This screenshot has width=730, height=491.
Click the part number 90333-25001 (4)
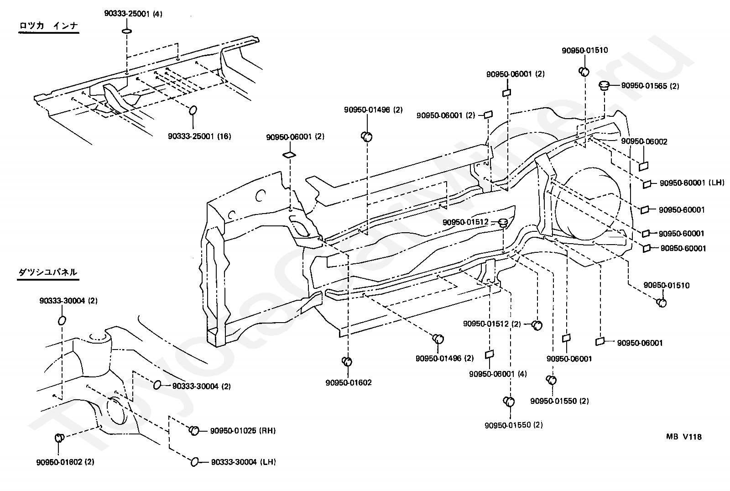click(133, 14)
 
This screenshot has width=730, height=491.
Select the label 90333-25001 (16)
click(199, 136)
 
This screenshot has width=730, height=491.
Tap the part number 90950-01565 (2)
click(650, 86)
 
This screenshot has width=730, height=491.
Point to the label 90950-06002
click(644, 141)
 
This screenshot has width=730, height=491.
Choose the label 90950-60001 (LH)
click(692, 183)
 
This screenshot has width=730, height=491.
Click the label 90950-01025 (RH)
click(243, 431)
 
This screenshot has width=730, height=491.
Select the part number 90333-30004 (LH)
click(244, 462)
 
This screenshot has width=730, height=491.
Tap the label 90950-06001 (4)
click(498, 374)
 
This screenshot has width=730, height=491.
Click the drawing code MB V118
click(684, 437)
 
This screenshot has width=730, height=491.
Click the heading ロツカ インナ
click(48, 26)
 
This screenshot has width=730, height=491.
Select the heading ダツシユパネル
click(47, 272)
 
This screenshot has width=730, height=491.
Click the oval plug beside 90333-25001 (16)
click(193, 110)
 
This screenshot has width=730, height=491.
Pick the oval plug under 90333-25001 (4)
click(127, 31)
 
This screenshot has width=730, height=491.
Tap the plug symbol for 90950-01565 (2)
click(604, 86)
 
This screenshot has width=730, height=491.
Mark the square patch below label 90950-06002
click(643, 166)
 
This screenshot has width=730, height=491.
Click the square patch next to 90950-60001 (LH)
click(647, 184)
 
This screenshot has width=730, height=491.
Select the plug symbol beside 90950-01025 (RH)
click(194, 430)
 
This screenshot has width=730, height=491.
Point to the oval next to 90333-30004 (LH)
click(194, 462)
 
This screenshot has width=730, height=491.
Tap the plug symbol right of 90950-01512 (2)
click(537, 325)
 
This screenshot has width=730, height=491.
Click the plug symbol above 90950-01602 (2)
click(59, 438)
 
